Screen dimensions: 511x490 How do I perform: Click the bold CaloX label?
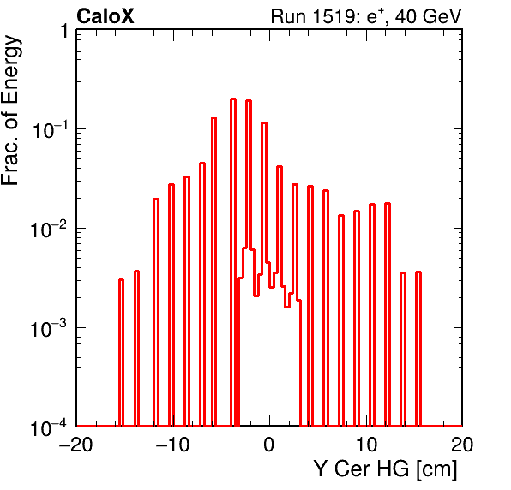point(105,16)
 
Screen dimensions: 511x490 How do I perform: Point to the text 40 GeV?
point(429,16)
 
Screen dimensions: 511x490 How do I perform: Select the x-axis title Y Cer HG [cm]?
point(386,469)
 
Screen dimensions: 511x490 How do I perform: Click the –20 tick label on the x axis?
point(76,445)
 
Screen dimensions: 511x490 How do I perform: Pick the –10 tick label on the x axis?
point(172,445)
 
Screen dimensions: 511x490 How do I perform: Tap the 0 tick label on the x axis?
point(269,445)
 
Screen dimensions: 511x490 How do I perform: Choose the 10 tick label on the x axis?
point(366,445)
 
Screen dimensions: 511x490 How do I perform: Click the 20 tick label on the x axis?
point(462,445)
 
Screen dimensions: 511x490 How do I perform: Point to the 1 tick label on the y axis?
point(63,31)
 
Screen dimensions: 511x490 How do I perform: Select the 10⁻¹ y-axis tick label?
point(50,130)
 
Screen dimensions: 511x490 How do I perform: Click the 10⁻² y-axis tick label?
point(50,230)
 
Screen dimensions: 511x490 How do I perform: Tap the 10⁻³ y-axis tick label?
point(50,328)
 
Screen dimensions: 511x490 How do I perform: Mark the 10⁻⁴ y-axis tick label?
point(50,427)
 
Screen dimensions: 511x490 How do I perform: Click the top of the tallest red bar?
point(233,99)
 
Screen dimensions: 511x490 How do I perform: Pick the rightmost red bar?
point(418,349)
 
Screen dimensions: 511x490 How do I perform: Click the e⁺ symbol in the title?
point(375,16)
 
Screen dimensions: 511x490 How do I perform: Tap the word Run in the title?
point(288,16)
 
